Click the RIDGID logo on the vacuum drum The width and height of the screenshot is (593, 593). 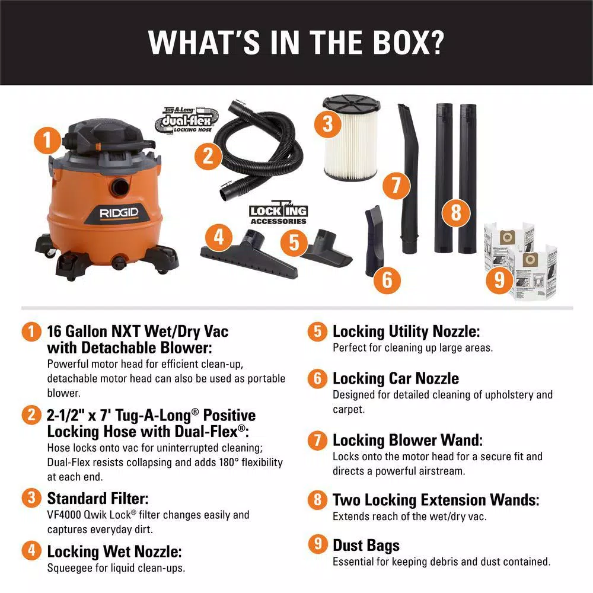pyautogui.click(x=111, y=212)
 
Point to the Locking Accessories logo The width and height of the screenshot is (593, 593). pyautogui.click(x=278, y=213)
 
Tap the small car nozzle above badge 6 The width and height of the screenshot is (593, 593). pyautogui.click(x=375, y=237)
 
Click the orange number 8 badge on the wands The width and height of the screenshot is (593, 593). pyautogui.click(x=455, y=212)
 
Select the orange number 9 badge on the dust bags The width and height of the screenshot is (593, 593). pyautogui.click(x=499, y=279)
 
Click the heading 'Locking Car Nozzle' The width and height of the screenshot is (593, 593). pyautogui.click(x=396, y=378)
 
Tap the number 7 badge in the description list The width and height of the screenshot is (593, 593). pyautogui.click(x=317, y=440)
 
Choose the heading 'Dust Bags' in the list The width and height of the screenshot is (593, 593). pyautogui.click(x=366, y=545)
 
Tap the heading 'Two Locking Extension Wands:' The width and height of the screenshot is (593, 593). pyautogui.click(x=436, y=500)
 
